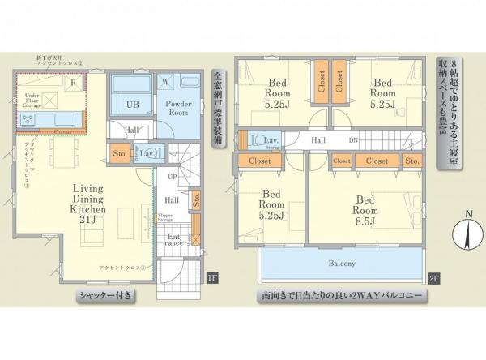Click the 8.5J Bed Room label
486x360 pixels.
[x=364, y=207]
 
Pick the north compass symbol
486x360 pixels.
[x=467, y=232]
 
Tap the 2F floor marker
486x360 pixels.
[x=433, y=280]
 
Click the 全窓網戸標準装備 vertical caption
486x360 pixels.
[x=217, y=109]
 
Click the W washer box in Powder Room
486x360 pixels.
[x=165, y=82]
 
